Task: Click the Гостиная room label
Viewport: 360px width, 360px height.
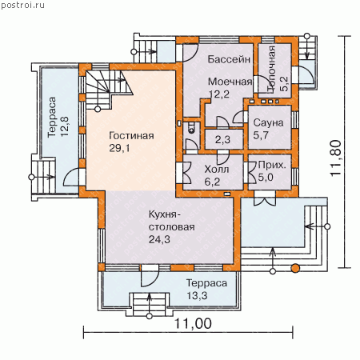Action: pyautogui.click(x=131, y=136)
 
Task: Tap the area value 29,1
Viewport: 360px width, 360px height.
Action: pyautogui.click(x=119, y=148)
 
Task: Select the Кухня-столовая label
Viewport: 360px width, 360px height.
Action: pyautogui.click(x=171, y=221)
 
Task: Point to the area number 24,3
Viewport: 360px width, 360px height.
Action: pyautogui.click(x=159, y=239)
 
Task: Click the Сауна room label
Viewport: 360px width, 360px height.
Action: pyautogui.click(x=268, y=123)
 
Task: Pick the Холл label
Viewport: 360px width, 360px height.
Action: pyautogui.click(x=217, y=170)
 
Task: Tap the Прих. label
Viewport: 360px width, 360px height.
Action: pyautogui.click(x=272, y=165)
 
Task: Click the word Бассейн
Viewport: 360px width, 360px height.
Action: pyautogui.click(x=229, y=59)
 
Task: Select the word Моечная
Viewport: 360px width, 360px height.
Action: pyautogui.click(x=230, y=82)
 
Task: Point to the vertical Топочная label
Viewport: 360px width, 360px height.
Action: pyautogui.click(x=271, y=70)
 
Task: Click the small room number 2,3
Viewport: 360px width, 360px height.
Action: pyautogui.click(x=222, y=139)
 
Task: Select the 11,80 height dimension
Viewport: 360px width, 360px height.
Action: pyautogui.click(x=336, y=158)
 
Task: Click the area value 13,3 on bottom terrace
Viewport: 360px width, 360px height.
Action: pyautogui.click(x=197, y=296)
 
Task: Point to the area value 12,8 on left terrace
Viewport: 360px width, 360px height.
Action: pyautogui.click(x=65, y=126)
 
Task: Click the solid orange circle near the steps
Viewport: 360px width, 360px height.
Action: pyautogui.click(x=295, y=268)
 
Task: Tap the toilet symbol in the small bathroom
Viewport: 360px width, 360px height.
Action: pyautogui.click(x=191, y=127)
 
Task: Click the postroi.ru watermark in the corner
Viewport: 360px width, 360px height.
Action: pyautogui.click(x=22, y=5)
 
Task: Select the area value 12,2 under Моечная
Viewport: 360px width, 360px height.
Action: pyautogui.click(x=218, y=94)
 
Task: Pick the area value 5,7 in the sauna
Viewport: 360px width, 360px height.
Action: pyautogui.click(x=261, y=135)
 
